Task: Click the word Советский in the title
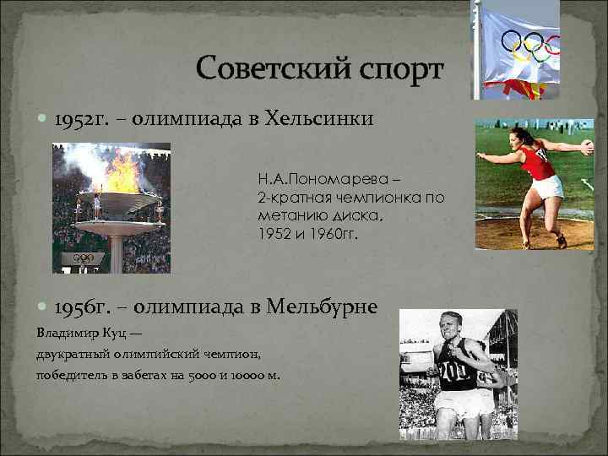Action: click(266, 68)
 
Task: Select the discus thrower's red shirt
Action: click(537, 162)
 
